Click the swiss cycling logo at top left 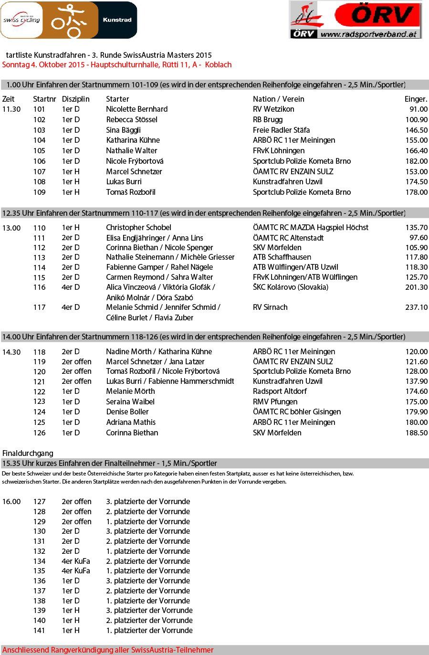pyautogui.click(x=21, y=20)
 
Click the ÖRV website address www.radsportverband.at pyautogui.click(x=369, y=34)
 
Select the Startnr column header pyautogui.click(x=44, y=99)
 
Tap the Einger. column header pyautogui.click(x=416, y=99)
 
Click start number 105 pyautogui.click(x=39, y=150)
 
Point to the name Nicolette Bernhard pyautogui.click(x=136, y=109)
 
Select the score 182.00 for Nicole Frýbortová pyautogui.click(x=416, y=161)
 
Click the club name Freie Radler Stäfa pyautogui.click(x=281, y=130)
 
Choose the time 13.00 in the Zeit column pyautogui.click(x=11, y=228)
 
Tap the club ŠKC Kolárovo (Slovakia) pyautogui.click(x=290, y=287)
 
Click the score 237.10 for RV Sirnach pyautogui.click(x=416, y=307)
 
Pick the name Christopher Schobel pyautogui.click(x=138, y=227)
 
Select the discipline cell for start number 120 pyautogui.click(x=76, y=371)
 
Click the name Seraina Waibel pyautogui.click(x=130, y=401)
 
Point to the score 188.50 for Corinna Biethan pyautogui.click(x=416, y=433)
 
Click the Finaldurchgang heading pyautogui.click(x=28, y=453)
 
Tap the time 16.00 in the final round pyautogui.click(x=11, y=501)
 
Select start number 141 pyautogui.click(x=39, y=630)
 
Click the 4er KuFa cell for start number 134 pyautogui.click(x=75, y=561)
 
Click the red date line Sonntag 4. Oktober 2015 pyautogui.click(x=117, y=64)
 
